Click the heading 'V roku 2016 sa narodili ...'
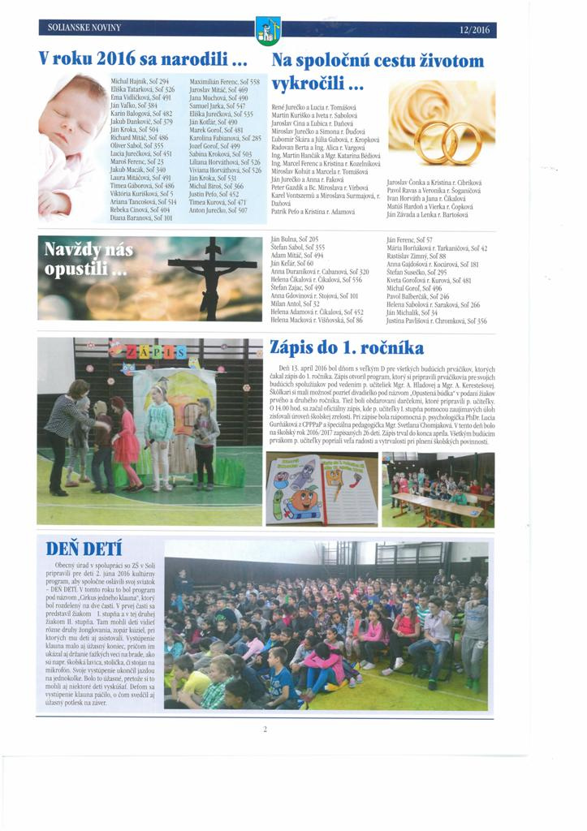tap(142, 60)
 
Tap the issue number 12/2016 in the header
tap(474, 29)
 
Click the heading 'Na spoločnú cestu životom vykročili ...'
tap(377, 71)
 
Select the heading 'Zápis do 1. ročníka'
tap(347, 348)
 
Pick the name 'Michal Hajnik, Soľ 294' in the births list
tap(139, 83)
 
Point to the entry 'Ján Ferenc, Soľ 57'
tap(410, 240)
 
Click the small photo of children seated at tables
tap(438, 489)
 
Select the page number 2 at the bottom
tap(265, 729)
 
